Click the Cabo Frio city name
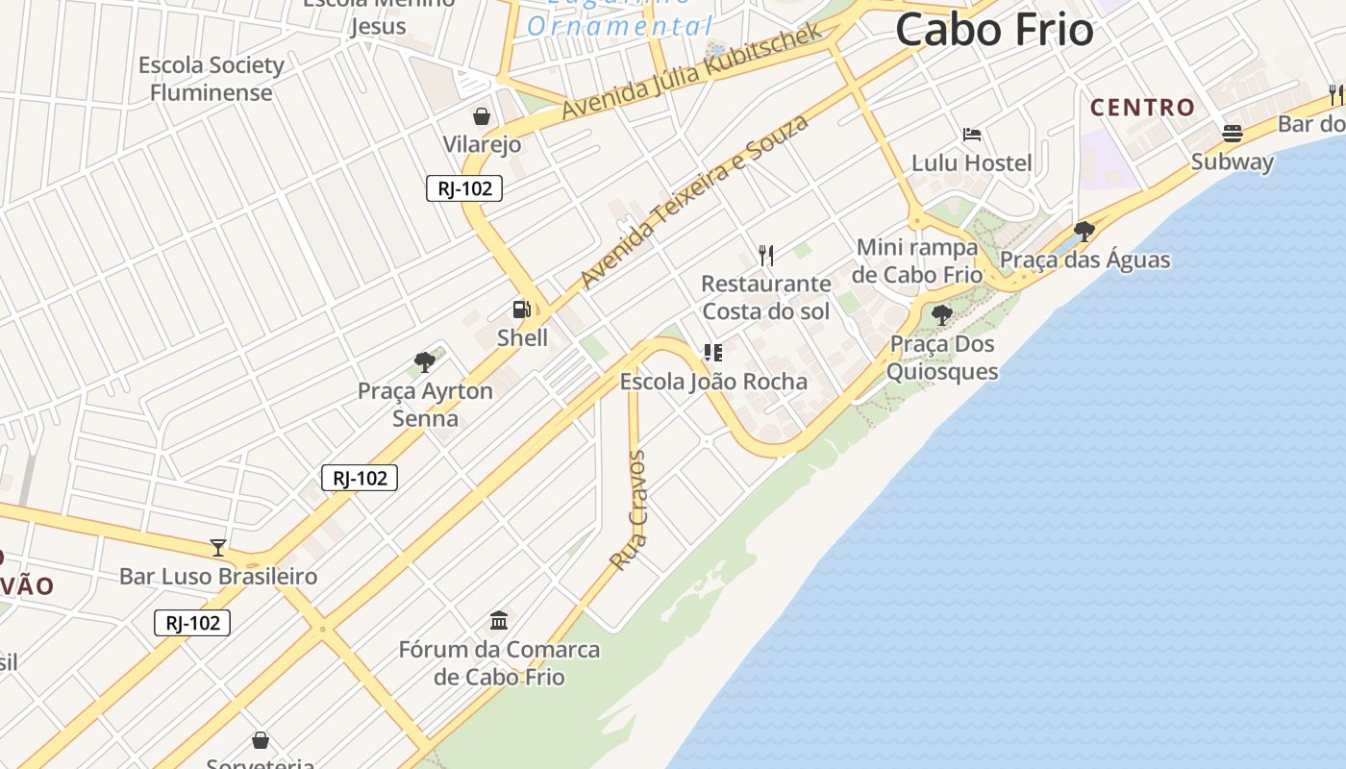pyautogui.click(x=994, y=30)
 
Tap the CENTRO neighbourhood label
pyautogui.click(x=1142, y=107)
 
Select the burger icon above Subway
pyautogui.click(x=1232, y=133)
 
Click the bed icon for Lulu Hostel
pyautogui.click(x=972, y=135)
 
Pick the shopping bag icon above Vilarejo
pyautogui.click(x=482, y=116)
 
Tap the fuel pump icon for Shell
pyautogui.click(x=521, y=310)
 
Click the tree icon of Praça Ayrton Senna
pyautogui.click(x=424, y=362)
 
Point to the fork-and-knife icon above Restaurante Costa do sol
pyautogui.click(x=766, y=255)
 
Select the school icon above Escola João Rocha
pyautogui.click(x=712, y=353)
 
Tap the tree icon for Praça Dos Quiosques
pyautogui.click(x=941, y=314)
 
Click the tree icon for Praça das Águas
pyautogui.click(x=1084, y=231)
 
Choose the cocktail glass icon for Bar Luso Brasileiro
pyautogui.click(x=218, y=548)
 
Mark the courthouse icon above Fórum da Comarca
pyautogui.click(x=498, y=620)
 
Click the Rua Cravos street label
pyautogui.click(x=629, y=510)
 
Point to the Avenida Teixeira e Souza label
pyautogui.click(x=694, y=201)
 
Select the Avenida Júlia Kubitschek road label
pyautogui.click(x=692, y=71)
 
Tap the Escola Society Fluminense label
pyautogui.click(x=212, y=79)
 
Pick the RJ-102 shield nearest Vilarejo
pyautogui.click(x=464, y=188)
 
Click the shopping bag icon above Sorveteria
pyautogui.click(x=260, y=740)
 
